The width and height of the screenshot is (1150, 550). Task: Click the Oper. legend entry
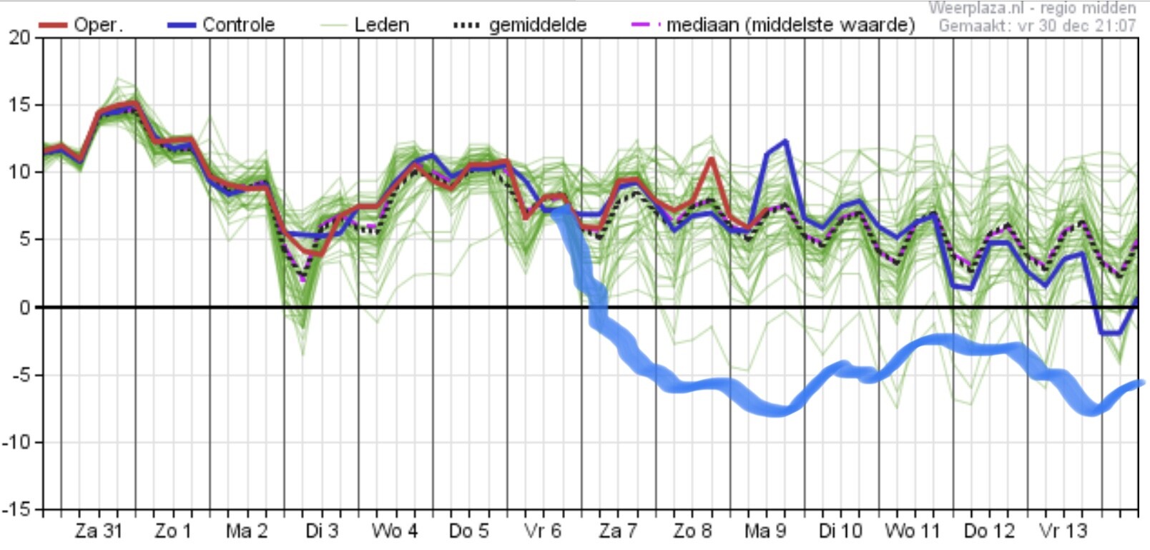click(81, 24)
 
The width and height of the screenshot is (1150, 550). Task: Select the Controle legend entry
click(221, 24)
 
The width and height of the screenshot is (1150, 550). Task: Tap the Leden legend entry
click(365, 24)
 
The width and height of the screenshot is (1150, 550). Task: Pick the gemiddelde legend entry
click(520, 25)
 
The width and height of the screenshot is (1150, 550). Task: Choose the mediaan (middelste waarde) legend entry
click(773, 25)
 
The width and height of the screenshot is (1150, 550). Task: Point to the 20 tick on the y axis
click(19, 37)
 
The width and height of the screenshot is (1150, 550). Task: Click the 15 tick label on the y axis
click(19, 105)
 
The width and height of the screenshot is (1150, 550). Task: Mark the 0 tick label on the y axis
click(24, 308)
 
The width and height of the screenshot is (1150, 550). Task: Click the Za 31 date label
click(99, 531)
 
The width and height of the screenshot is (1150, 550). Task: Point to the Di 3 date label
click(322, 531)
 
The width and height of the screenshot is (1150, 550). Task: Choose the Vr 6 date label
click(543, 531)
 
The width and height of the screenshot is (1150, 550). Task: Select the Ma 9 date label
click(765, 531)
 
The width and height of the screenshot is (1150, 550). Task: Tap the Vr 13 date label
click(1063, 531)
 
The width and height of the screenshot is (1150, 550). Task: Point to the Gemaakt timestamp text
click(1037, 25)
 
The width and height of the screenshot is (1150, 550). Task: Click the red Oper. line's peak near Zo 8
click(711, 159)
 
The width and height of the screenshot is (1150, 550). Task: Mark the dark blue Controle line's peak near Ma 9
click(785, 140)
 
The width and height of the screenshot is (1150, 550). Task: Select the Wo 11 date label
click(913, 531)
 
